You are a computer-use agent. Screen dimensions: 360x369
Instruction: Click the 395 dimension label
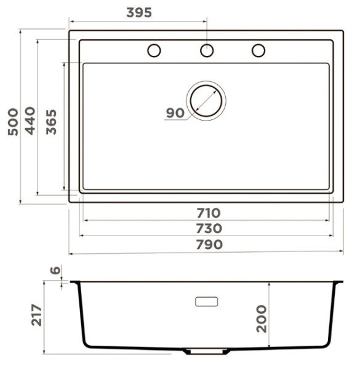point(139,12)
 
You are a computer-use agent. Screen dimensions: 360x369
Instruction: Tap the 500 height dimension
point(13,122)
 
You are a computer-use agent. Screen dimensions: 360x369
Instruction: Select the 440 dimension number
point(30,121)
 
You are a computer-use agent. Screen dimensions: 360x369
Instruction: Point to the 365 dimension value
point(51,122)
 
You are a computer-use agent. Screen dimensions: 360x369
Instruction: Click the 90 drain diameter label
point(175,113)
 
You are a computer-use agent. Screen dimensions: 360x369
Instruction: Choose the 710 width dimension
point(209,213)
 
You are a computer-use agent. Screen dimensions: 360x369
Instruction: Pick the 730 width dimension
point(209,229)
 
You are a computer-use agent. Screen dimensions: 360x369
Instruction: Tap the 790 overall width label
point(209,245)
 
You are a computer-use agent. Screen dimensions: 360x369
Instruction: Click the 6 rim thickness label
point(55,270)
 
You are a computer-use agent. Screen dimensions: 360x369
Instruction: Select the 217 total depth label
point(36,315)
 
